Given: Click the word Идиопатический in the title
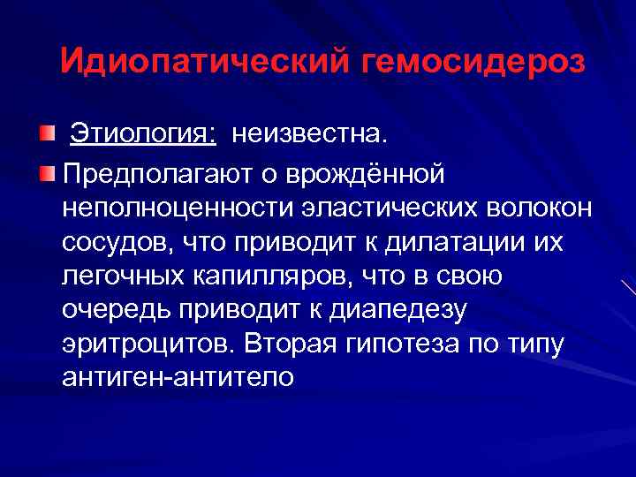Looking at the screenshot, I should [207, 64].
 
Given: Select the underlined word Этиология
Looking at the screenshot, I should [143, 137].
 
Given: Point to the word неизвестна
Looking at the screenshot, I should [309, 137].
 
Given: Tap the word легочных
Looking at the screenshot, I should [125, 276].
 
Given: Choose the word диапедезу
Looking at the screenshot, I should [400, 310].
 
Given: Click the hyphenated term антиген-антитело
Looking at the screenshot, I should [178, 377].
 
